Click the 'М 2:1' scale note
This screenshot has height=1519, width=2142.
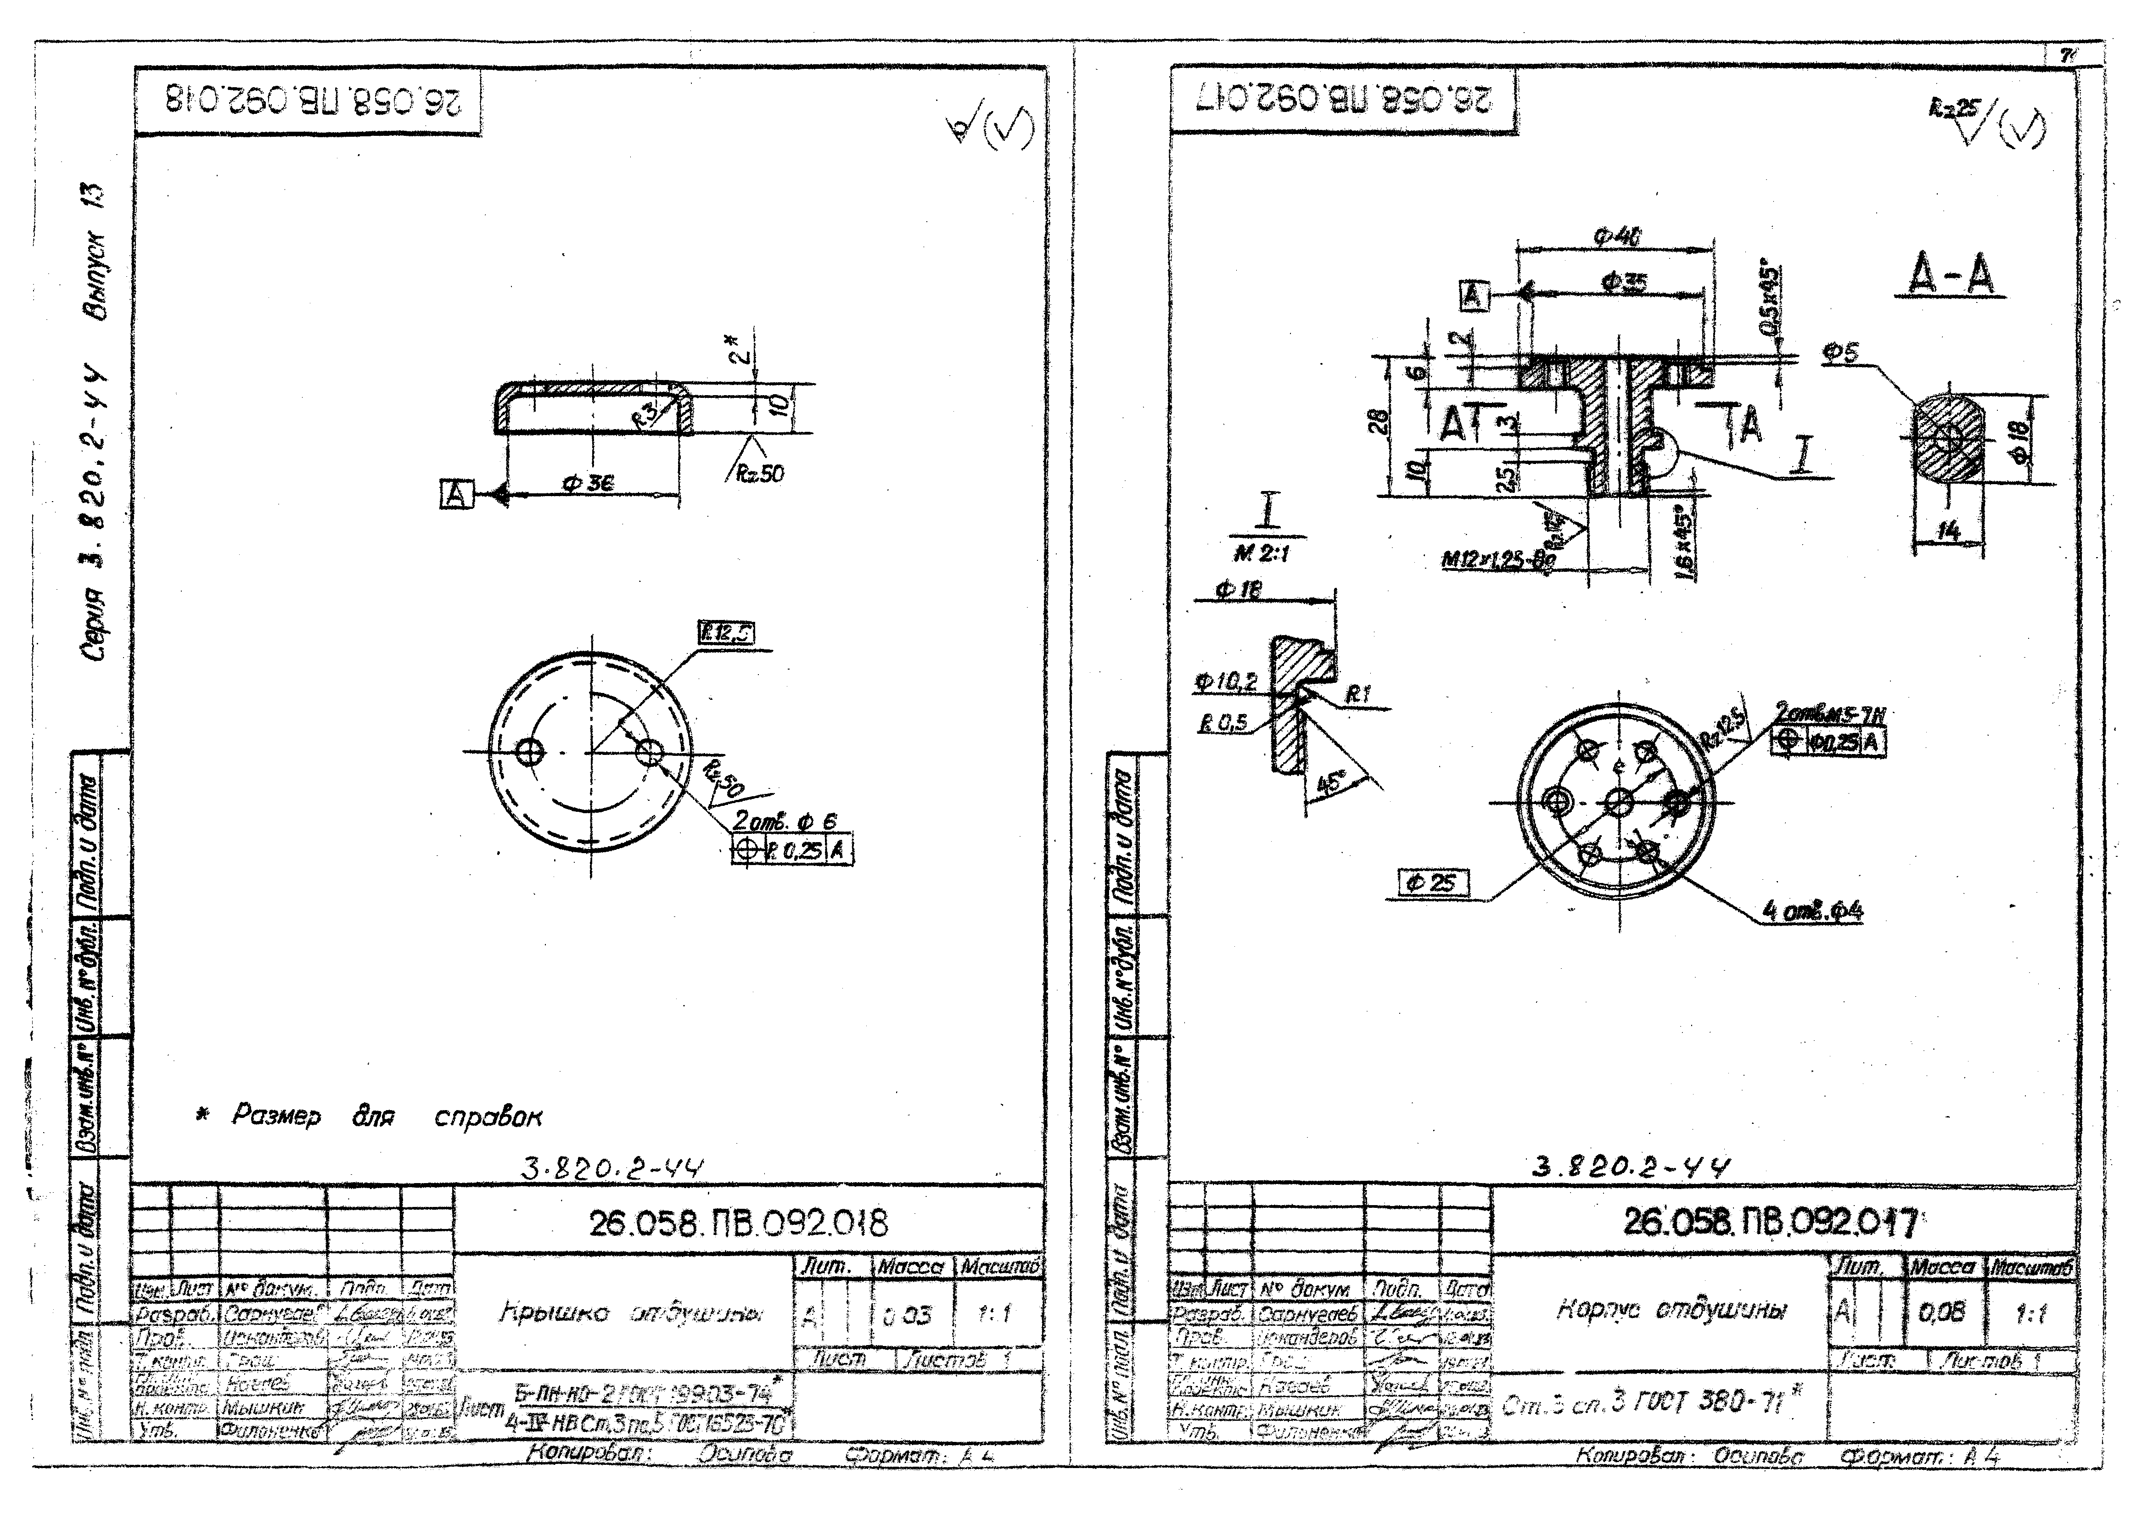point(1261,554)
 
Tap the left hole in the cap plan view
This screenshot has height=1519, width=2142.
point(533,751)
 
